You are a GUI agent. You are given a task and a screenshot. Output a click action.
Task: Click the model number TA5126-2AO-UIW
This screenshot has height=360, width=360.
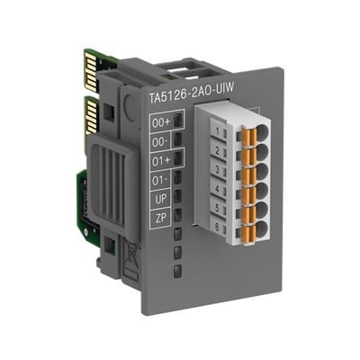pos(192,90)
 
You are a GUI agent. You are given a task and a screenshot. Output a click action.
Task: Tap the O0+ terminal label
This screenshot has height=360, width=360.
pos(161,122)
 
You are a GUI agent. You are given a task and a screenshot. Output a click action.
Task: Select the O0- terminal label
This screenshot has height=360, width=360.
pos(160,141)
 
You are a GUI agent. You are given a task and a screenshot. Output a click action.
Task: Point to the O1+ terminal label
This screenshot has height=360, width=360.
pos(161,161)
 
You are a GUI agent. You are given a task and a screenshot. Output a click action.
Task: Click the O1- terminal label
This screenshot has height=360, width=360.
pos(160,180)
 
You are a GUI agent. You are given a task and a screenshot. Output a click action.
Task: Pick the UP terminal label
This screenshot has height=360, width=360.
pos(161,199)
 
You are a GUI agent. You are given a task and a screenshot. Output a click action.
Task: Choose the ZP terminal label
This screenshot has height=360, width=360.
pos(161,218)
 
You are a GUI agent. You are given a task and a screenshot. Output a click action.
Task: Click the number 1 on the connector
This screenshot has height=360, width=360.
pos(218,131)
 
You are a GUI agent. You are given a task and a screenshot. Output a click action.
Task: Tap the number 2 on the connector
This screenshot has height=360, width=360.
pos(218,151)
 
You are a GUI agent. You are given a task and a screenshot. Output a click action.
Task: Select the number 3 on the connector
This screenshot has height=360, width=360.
pos(218,170)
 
